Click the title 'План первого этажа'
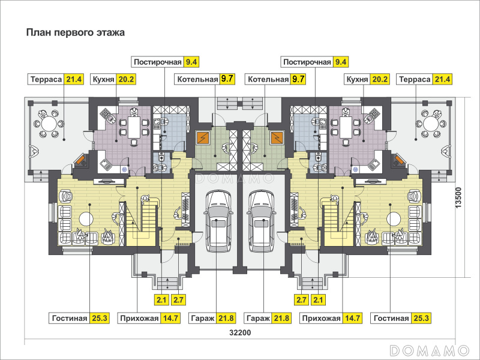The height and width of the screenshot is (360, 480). pyautogui.click(x=76, y=33)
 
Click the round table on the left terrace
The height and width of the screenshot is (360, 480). pyautogui.click(x=49, y=124)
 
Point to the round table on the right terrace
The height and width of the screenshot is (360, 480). pyautogui.click(x=431, y=124)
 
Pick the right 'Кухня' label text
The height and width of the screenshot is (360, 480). pyautogui.click(x=357, y=79)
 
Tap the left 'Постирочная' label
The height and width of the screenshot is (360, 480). pyautogui.click(x=158, y=61)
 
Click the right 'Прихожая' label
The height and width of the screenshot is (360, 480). pyautogui.click(x=321, y=318)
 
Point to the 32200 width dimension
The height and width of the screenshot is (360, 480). pyautogui.click(x=239, y=333)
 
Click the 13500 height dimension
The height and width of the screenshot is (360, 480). pyautogui.click(x=459, y=197)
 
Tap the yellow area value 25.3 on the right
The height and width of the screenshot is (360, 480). pyautogui.click(x=421, y=318)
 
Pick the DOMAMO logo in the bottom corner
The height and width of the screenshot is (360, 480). pyautogui.click(x=428, y=350)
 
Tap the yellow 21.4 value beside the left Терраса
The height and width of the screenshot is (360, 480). pyautogui.click(x=75, y=79)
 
